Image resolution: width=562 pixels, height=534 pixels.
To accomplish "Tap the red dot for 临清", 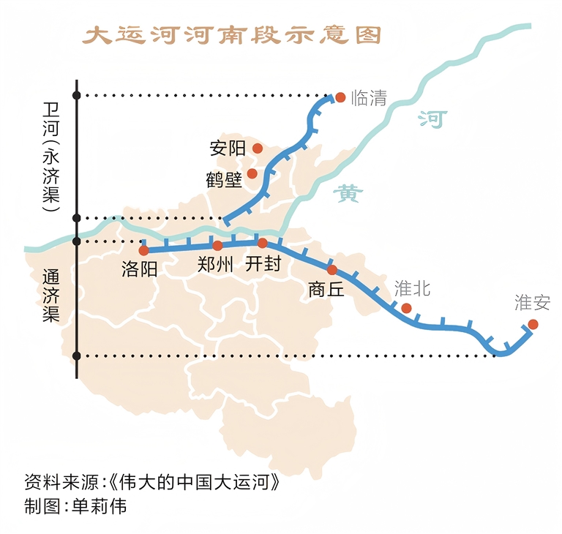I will (340, 97).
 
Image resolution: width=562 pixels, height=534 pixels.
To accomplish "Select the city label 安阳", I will (227, 148).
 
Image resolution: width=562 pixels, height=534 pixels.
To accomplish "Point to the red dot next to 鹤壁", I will (252, 173).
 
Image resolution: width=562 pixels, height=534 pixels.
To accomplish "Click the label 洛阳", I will (139, 268).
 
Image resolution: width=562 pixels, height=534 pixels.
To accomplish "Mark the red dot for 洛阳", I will (143, 250).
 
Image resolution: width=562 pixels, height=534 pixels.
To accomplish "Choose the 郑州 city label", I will (215, 264).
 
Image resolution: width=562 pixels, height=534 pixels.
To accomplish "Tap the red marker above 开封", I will (262, 242).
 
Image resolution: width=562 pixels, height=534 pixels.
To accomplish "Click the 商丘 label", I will (326, 289).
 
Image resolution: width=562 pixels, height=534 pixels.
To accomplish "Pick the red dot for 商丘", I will (332, 269).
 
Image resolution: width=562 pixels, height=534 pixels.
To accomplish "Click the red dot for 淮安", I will (533, 324).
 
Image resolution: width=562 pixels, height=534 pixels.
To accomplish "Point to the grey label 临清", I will (369, 98).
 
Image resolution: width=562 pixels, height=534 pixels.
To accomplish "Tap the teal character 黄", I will (348, 194).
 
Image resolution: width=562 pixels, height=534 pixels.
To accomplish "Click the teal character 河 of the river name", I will (432, 119).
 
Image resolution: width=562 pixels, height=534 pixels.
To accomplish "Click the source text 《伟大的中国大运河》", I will (193, 484).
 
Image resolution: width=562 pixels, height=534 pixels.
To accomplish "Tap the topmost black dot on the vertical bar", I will (77, 95).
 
